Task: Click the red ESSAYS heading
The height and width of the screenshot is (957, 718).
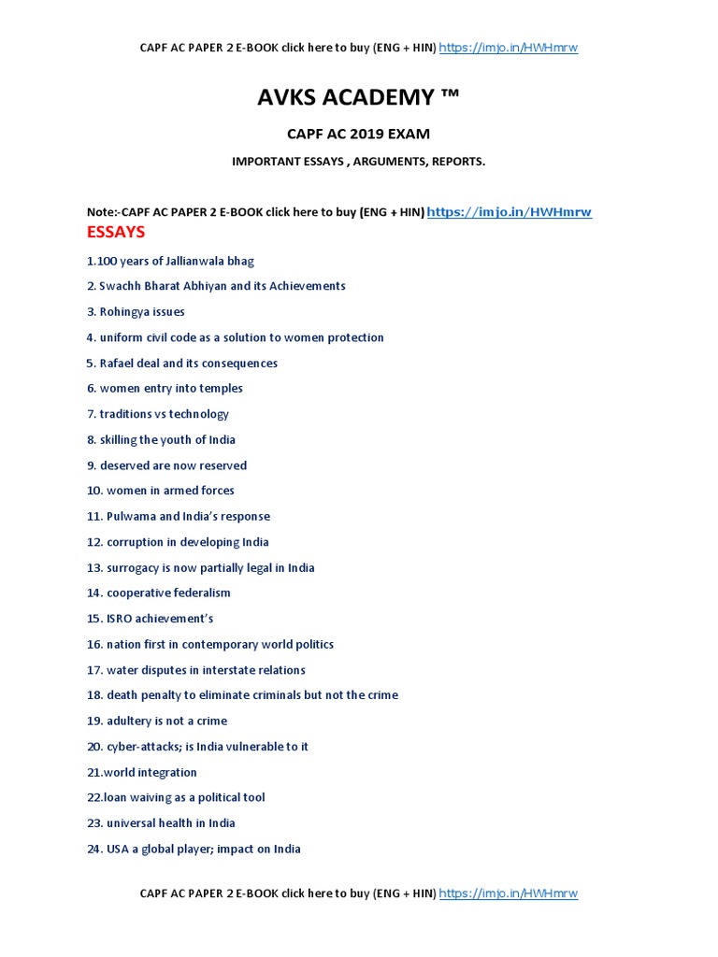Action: click(x=116, y=232)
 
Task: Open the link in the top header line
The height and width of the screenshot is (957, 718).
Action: click(x=509, y=48)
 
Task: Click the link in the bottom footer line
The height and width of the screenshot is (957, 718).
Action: click(x=509, y=893)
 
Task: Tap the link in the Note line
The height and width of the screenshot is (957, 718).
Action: click(x=510, y=212)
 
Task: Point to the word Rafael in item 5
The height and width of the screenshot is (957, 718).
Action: click(x=118, y=364)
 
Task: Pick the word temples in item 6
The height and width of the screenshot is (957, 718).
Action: click(x=221, y=389)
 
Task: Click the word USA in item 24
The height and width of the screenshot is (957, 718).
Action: click(x=119, y=850)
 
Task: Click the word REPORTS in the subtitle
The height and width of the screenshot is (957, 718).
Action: click(x=457, y=162)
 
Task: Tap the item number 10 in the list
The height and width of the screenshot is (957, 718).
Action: click(x=93, y=491)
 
